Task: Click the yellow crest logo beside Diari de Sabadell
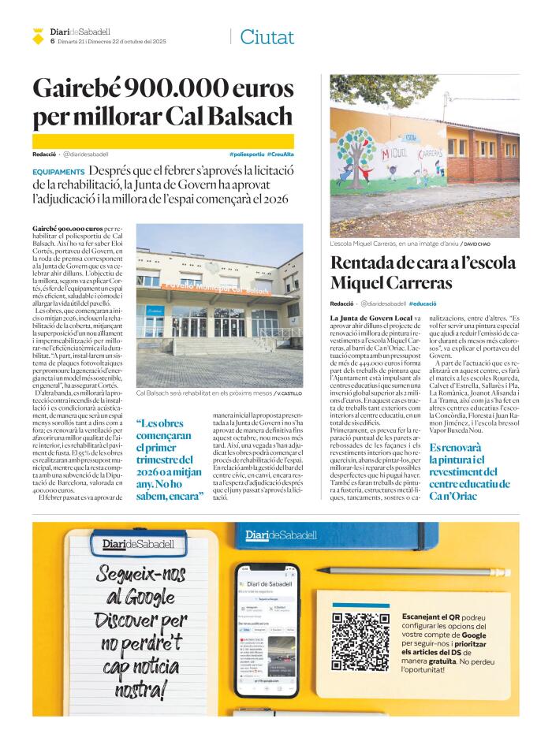click(36, 35)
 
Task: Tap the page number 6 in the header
click(52, 41)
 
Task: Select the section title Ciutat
click(267, 36)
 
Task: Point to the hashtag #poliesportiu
click(246, 154)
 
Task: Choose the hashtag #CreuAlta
click(281, 154)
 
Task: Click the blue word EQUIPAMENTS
click(59, 171)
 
